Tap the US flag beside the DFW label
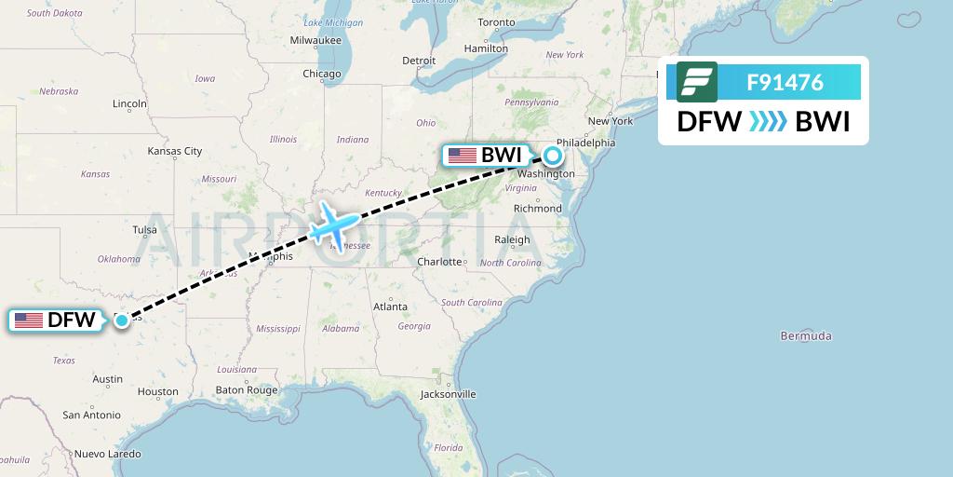coord(29,320)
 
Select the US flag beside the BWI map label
coord(462,156)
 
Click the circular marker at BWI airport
coord(552,156)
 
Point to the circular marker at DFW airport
coord(122,320)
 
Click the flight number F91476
coord(785,82)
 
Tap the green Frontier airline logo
coord(696,82)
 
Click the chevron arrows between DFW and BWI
coord(768,122)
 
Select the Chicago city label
coord(321,74)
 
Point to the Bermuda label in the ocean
coord(806,335)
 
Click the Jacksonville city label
coord(448,394)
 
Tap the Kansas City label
coord(174,151)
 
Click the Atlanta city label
coord(389,307)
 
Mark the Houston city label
coord(157,391)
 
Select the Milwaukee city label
coord(315,41)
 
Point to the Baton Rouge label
coord(247,390)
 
